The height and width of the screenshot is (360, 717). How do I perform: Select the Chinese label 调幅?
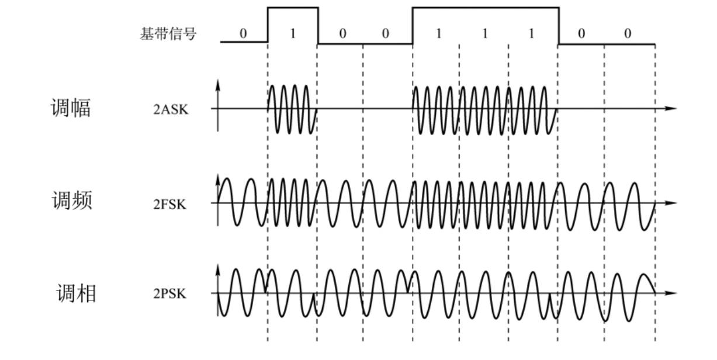point(70,108)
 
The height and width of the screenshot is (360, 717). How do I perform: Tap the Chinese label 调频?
point(71,200)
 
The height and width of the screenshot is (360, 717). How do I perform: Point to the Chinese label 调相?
point(76,293)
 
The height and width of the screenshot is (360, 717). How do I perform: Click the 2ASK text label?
point(171,109)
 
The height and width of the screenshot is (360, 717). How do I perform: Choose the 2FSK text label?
point(171,204)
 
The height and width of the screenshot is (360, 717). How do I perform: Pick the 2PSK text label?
point(170,294)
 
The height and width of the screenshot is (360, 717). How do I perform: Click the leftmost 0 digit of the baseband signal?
point(243,34)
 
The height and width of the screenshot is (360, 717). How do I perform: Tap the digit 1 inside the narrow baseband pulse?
point(293,34)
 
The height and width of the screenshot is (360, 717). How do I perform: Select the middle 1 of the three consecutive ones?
point(484,34)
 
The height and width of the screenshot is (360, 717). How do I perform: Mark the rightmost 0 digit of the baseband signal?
point(628,34)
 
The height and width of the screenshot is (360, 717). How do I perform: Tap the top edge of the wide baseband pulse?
point(485,8)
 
